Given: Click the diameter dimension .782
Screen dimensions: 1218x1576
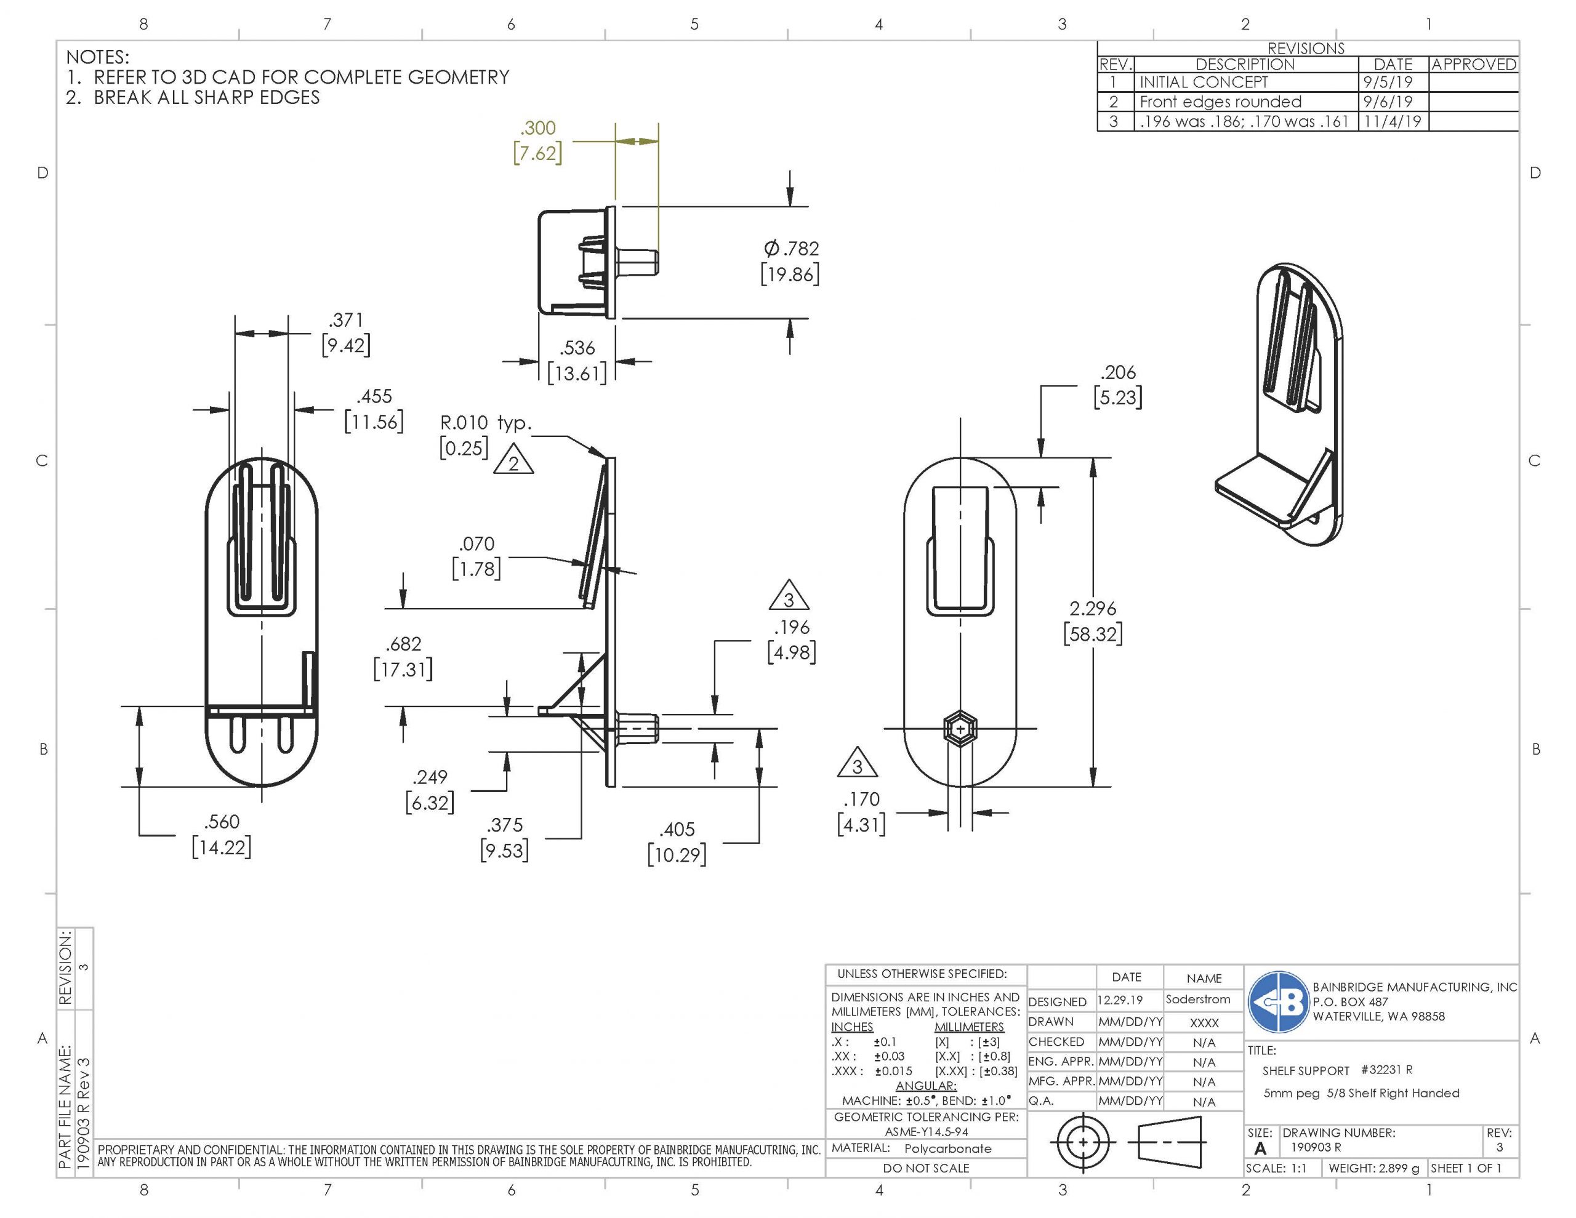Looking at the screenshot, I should [x=791, y=249].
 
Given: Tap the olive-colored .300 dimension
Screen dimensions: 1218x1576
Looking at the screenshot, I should [x=538, y=129].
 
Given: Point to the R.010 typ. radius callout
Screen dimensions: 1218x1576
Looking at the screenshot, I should [x=485, y=423].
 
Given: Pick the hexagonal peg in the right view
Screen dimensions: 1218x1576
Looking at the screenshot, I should [x=960, y=729].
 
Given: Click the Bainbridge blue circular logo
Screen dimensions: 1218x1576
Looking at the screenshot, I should [x=1278, y=1001].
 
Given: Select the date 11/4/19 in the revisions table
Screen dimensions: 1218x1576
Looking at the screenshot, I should [x=1392, y=121].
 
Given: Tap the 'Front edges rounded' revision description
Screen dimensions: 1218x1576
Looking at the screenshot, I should [x=1220, y=102].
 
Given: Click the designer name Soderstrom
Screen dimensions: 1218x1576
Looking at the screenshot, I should [x=1198, y=1000].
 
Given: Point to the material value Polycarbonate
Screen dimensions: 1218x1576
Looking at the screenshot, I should [x=947, y=1148].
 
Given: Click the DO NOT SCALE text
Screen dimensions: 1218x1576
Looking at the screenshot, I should [x=926, y=1168].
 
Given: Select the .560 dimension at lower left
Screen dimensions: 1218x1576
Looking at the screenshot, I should [x=222, y=822].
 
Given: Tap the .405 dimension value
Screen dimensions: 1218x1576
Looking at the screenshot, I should [x=676, y=830].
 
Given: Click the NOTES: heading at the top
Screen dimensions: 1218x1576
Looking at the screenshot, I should [x=97, y=57].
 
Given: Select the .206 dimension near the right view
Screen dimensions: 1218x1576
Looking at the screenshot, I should [x=1118, y=372].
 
